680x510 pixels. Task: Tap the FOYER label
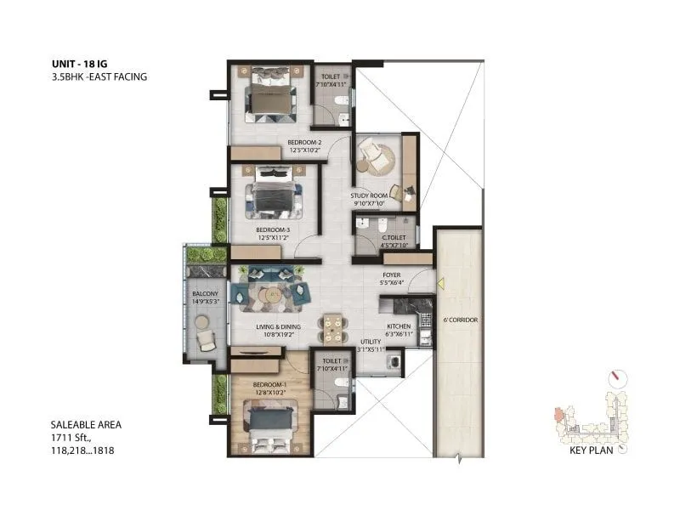[391, 275]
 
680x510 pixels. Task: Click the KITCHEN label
[399, 326]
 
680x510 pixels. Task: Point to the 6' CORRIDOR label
[459, 320]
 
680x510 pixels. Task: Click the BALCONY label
[206, 293]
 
